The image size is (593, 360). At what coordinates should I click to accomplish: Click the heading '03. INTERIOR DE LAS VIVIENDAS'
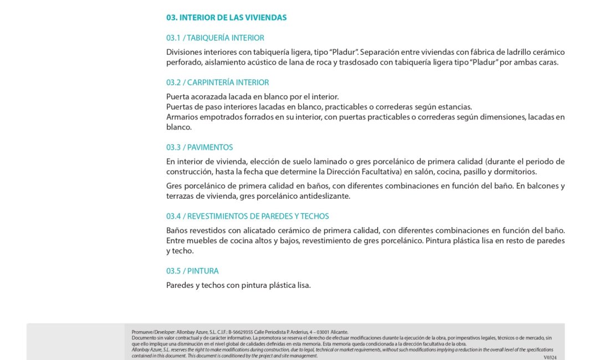click(x=226, y=18)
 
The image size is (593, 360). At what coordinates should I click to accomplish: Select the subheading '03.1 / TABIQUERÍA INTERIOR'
click(x=215, y=38)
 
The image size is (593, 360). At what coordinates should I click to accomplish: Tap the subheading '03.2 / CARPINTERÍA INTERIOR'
click(x=217, y=83)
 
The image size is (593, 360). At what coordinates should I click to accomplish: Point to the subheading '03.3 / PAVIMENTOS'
click(x=200, y=147)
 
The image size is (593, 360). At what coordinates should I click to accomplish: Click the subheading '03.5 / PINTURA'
click(x=192, y=271)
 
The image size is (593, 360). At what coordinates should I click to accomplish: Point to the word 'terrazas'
click(x=180, y=196)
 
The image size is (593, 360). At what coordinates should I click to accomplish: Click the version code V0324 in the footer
click(x=550, y=358)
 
